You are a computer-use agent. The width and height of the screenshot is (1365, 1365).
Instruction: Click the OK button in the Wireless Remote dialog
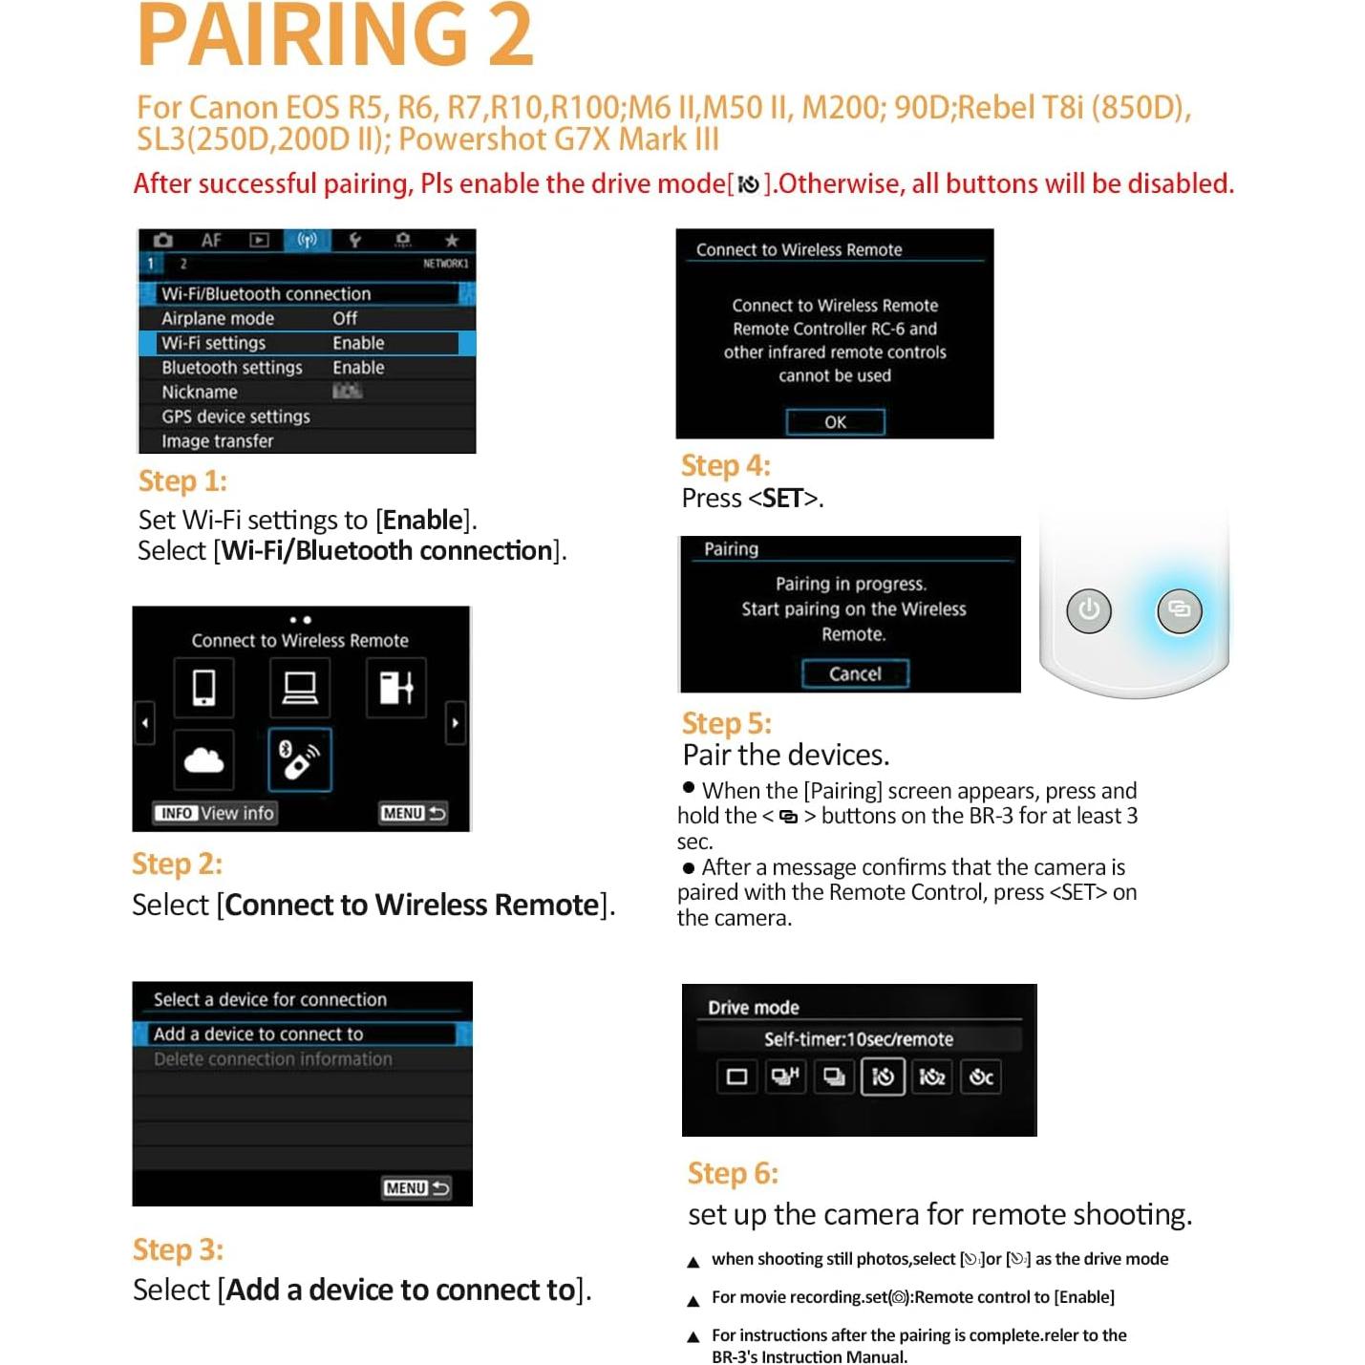click(x=835, y=421)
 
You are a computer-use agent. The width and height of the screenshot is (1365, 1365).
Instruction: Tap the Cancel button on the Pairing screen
click(x=854, y=673)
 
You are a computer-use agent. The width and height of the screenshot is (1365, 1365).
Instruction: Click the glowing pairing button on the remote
click(x=1179, y=610)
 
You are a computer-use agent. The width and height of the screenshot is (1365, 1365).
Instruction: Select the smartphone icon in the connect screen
click(x=203, y=688)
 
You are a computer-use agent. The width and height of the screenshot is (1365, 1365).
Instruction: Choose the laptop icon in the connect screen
click(x=300, y=688)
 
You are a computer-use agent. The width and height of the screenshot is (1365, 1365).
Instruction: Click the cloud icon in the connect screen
click(x=203, y=760)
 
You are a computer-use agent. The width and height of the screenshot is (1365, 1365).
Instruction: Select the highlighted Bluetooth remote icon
click(x=300, y=760)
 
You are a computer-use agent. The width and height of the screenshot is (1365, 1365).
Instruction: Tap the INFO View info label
click(x=216, y=813)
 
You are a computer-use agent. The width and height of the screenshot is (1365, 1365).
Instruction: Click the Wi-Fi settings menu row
click(x=306, y=343)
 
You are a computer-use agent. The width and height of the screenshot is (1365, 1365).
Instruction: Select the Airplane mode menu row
click(x=306, y=318)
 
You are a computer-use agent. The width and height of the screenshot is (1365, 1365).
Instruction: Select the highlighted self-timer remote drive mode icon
click(x=883, y=1077)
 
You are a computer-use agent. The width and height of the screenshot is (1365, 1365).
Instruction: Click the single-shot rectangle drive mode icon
click(x=736, y=1077)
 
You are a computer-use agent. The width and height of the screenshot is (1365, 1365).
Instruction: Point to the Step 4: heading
click(x=725, y=465)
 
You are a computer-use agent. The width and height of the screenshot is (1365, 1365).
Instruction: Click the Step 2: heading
click(x=177, y=864)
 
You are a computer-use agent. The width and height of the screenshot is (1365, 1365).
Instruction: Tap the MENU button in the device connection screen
click(x=416, y=1187)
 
